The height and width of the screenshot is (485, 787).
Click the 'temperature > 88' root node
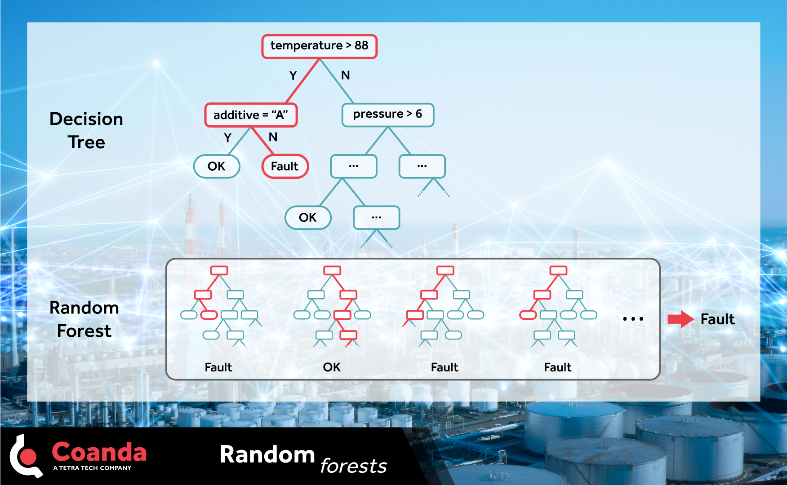319,46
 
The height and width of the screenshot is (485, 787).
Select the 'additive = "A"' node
251,115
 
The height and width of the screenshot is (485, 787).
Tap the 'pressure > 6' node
387,115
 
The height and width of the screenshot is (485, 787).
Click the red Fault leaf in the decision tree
285,166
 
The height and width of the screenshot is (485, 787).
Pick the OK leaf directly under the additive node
217,166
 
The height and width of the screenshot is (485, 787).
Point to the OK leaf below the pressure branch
308,217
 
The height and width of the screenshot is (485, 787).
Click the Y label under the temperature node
293,75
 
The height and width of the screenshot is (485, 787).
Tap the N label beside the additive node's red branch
273,137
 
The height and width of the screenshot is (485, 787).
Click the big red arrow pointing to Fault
680,319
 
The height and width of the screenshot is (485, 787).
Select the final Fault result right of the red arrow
717,319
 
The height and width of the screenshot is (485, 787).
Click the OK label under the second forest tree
332,367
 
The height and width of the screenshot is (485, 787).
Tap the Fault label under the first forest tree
218,367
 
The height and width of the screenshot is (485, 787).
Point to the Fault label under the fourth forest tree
557,367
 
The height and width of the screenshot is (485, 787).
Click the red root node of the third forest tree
445,270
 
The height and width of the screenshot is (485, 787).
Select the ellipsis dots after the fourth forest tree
633,319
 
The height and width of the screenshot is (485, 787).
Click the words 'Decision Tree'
86,130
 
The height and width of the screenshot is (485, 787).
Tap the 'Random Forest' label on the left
84,319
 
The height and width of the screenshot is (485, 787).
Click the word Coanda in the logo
99,452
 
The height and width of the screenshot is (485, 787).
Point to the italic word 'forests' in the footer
353,466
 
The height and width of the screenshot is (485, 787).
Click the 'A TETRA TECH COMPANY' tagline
92,468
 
